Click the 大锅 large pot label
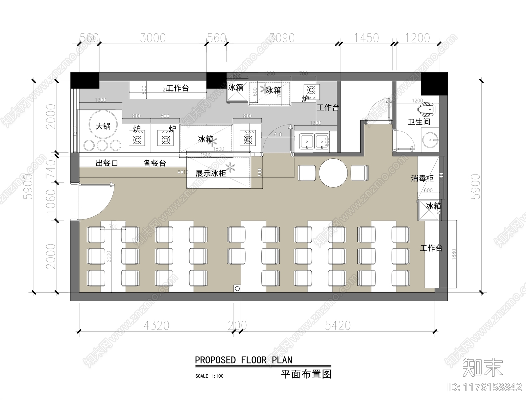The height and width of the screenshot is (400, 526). [x=103, y=126]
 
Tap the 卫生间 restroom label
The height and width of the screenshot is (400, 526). [x=419, y=122]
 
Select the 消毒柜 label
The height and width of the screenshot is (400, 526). [x=422, y=178]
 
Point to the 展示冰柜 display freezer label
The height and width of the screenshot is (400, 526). [x=211, y=173]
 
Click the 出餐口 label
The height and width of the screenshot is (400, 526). [x=107, y=163]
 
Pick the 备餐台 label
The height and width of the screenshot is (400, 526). [x=155, y=163]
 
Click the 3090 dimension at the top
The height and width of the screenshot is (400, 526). [x=282, y=38]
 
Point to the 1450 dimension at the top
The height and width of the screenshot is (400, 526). [x=366, y=38]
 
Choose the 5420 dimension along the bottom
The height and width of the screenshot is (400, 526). [x=338, y=326]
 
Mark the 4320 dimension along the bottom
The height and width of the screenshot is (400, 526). [x=156, y=326]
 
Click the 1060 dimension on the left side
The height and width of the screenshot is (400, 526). [x=51, y=201]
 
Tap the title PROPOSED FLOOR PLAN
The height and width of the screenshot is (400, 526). [x=244, y=360]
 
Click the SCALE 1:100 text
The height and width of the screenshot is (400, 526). [x=209, y=376]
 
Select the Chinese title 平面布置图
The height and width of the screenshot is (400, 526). [x=306, y=374]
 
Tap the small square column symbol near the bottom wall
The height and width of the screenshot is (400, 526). [x=237, y=288]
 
